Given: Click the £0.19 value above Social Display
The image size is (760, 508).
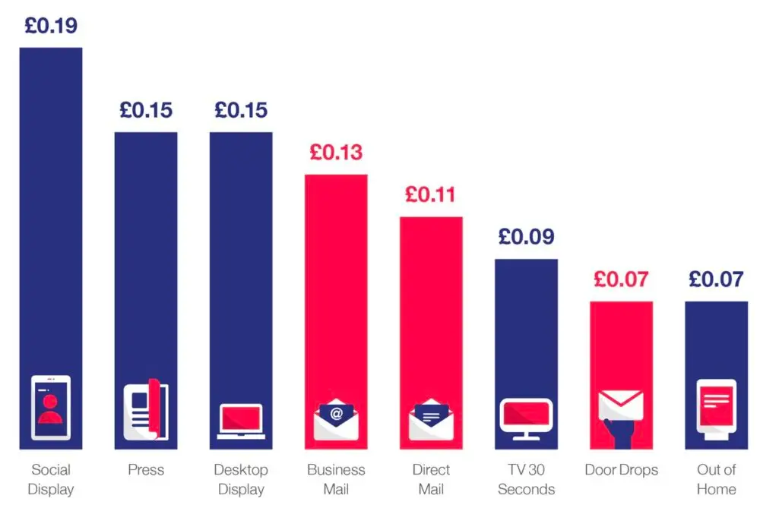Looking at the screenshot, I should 51,26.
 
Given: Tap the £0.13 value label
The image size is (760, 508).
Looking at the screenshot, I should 336,153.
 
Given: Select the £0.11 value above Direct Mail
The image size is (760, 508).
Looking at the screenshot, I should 431,195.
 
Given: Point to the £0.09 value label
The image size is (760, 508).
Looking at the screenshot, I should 526,237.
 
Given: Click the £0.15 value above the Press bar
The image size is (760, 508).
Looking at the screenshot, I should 146,111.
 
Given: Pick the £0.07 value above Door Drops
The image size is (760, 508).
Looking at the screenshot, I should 621,279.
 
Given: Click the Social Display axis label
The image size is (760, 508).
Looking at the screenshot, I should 51,479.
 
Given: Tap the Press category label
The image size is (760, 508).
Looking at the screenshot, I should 146,470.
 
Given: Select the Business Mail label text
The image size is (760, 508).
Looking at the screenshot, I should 336,479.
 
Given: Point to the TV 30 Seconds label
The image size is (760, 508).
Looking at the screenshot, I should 526,479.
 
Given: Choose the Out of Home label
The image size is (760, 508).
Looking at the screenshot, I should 716,479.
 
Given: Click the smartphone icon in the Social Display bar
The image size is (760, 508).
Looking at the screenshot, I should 51,407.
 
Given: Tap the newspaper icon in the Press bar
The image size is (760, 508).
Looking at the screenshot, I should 146,409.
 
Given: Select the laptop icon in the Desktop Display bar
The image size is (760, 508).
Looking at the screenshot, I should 241,421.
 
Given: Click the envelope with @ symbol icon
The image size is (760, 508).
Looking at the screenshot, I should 336,418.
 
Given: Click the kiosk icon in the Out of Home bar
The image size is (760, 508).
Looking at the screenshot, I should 716,409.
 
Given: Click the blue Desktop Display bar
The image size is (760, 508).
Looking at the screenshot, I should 241,258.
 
